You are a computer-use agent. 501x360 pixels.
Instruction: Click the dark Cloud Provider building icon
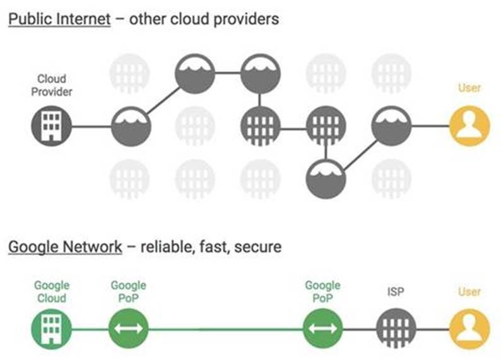(x=51, y=126)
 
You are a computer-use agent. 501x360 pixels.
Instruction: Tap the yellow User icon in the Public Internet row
(x=469, y=126)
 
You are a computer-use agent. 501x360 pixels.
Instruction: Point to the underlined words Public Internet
(x=59, y=19)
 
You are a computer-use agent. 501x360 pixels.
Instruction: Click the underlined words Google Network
(x=65, y=246)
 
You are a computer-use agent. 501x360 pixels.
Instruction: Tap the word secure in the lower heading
(x=257, y=246)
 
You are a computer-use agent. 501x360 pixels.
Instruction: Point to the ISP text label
(x=396, y=292)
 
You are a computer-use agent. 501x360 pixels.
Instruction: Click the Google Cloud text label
(x=51, y=292)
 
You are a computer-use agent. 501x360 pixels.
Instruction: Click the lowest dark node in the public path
(x=326, y=179)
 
